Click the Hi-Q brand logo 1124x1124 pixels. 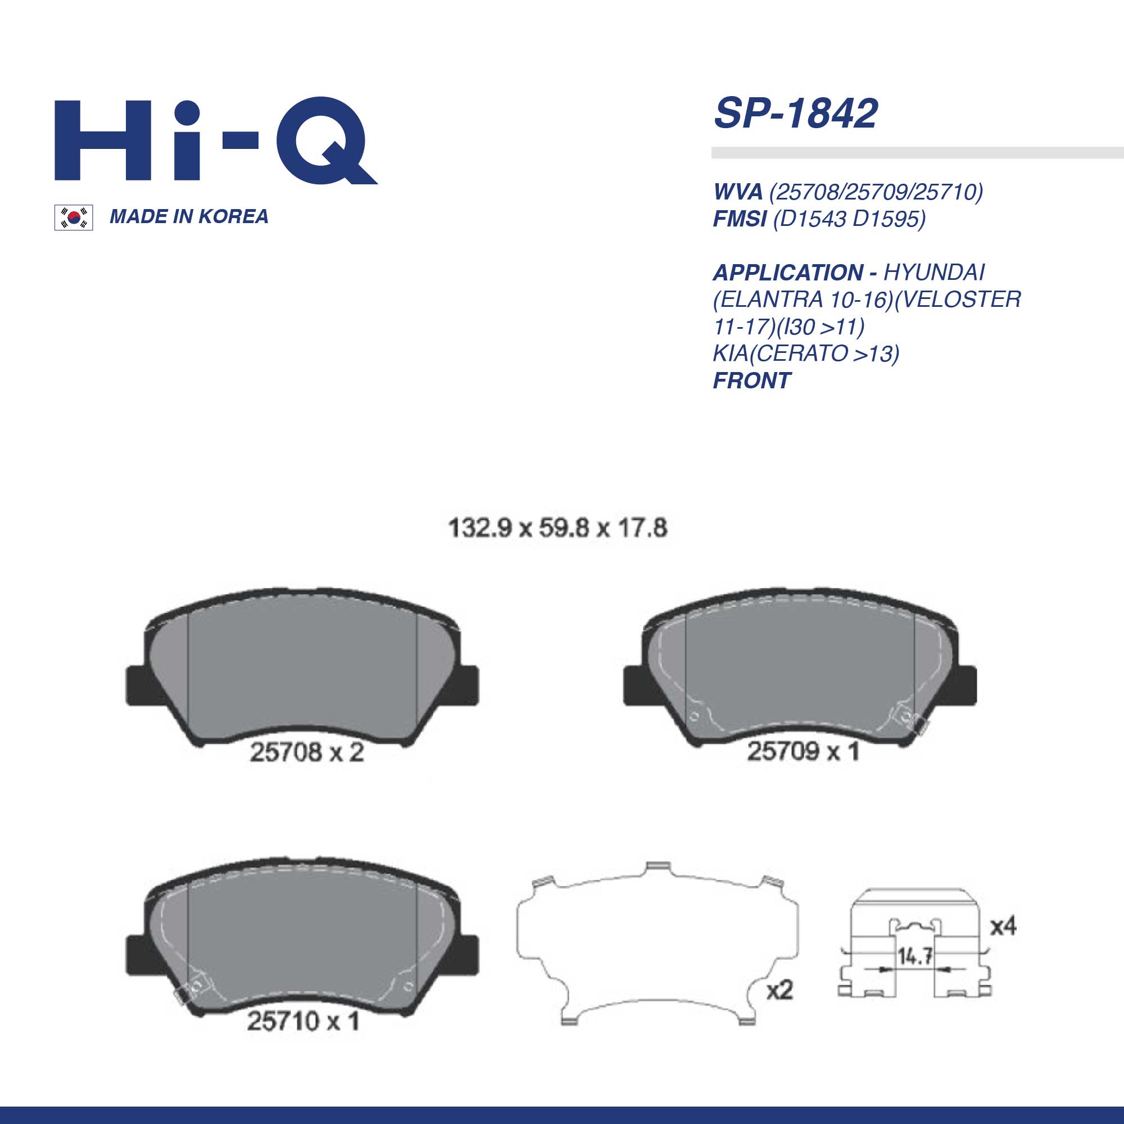tap(216, 142)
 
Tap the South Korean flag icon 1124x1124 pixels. tap(73, 217)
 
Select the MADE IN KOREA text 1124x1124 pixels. tap(189, 216)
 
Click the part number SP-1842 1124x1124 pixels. tap(795, 114)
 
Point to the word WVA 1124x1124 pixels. tap(738, 192)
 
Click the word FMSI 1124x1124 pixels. tap(740, 219)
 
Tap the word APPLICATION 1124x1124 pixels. tap(788, 272)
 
